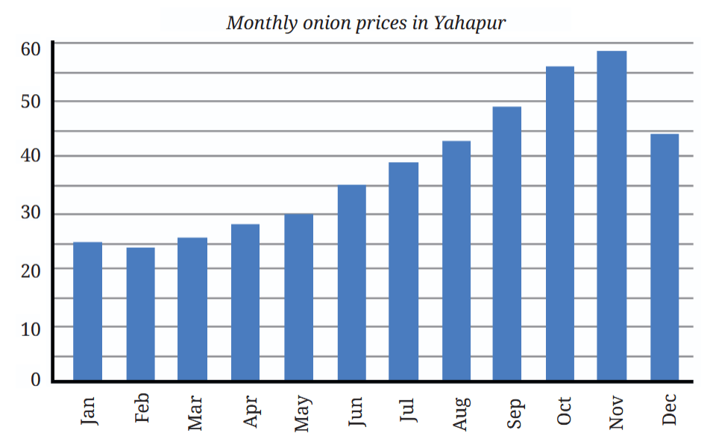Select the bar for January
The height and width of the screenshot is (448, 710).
[x=87, y=311]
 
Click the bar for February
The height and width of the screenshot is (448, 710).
[x=140, y=314]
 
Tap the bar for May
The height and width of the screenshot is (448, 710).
[x=299, y=297]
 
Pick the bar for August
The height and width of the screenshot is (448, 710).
[x=456, y=261]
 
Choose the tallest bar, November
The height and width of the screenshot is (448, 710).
[x=612, y=216]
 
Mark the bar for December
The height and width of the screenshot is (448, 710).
[x=665, y=257]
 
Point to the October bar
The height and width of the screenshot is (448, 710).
[x=560, y=223]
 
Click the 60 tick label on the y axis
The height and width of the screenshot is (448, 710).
[x=31, y=49]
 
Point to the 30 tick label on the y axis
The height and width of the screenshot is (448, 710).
[x=31, y=212]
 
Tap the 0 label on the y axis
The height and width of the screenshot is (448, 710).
[x=36, y=379]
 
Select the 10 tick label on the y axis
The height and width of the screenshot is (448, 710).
[x=31, y=329]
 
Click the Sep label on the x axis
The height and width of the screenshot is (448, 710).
[x=515, y=413]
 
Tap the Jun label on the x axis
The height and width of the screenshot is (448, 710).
[x=356, y=411]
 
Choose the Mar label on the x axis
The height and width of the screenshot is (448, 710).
[x=195, y=413]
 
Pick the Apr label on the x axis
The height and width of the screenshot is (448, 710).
[x=251, y=411]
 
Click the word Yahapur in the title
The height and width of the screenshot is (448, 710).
[x=470, y=22]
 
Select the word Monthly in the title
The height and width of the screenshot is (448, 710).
[x=262, y=22]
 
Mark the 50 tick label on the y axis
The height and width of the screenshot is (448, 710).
[x=31, y=102]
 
